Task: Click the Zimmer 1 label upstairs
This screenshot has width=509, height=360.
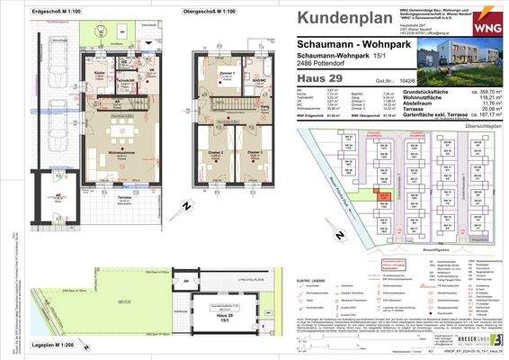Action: point(228,73)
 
